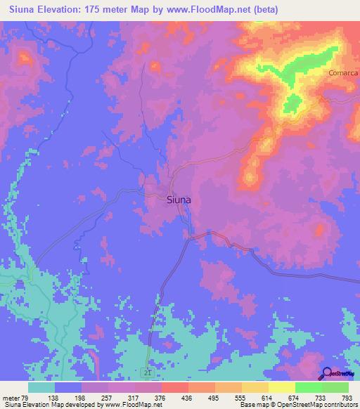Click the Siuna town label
(x=179, y=200)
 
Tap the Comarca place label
(x=343, y=72)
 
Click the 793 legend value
(x=347, y=397)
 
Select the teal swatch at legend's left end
(x=41, y=387)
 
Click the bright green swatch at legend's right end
(x=335, y=387)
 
